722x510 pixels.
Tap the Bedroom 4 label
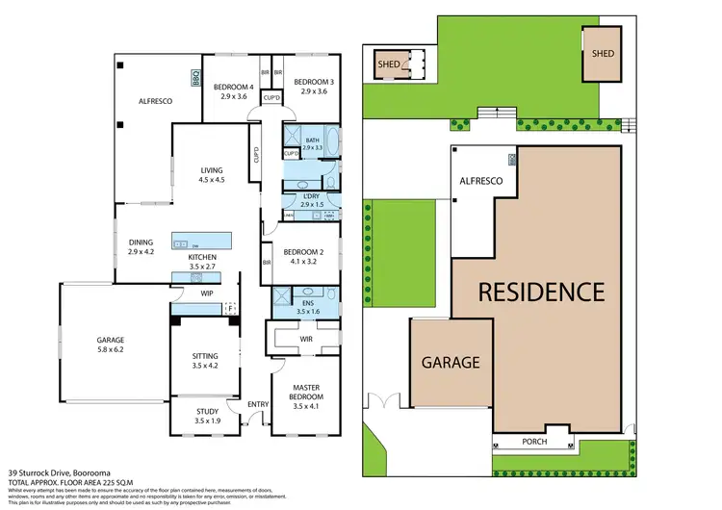234,88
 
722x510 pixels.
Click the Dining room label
142,247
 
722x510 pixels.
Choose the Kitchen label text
202,263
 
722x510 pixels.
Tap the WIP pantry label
207,293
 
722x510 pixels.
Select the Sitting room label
205,361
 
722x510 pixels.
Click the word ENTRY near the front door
258,404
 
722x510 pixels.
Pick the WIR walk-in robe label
307,340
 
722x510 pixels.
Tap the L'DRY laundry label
310,201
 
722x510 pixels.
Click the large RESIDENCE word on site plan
543,292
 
